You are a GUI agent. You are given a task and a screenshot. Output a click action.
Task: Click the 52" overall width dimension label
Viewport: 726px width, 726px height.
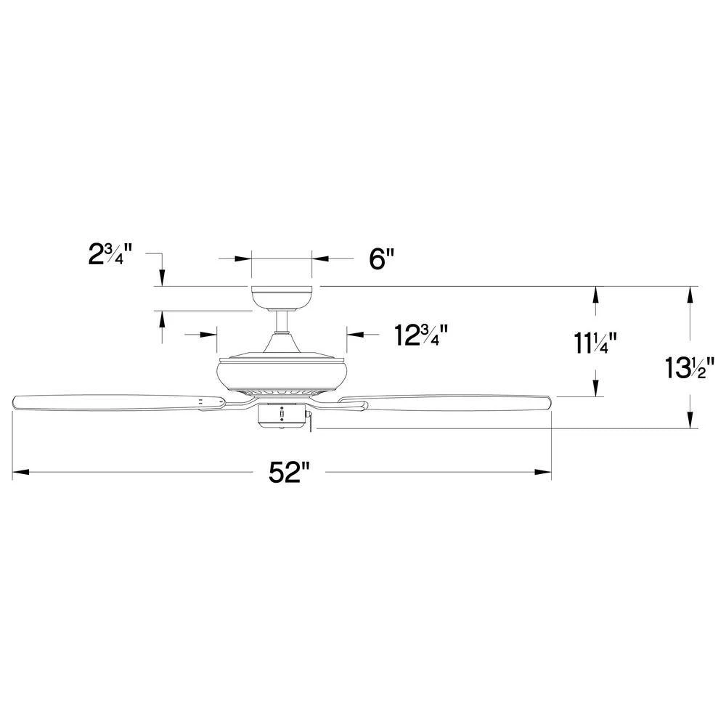coord(289,473)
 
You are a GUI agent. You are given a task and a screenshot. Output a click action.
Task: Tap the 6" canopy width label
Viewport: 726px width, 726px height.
coord(382,259)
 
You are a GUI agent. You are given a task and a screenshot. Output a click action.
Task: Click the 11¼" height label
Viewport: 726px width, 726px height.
coord(595,343)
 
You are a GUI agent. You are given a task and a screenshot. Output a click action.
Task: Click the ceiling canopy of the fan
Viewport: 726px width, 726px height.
coord(282,298)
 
